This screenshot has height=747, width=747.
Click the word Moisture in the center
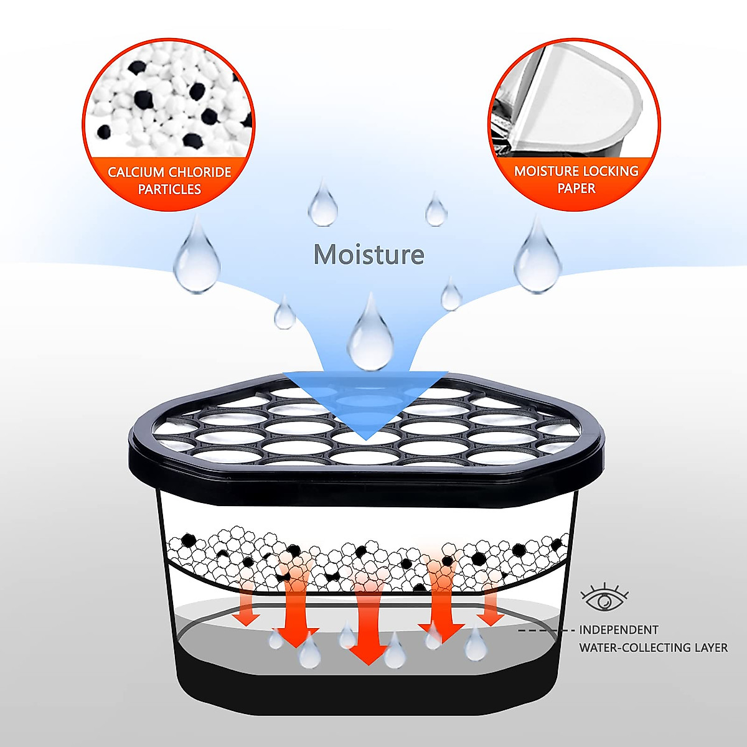pos(369,255)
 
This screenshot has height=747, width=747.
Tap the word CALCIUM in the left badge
pos(136,172)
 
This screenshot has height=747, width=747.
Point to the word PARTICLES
pos(169,189)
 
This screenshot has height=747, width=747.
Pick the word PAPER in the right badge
pos(576,188)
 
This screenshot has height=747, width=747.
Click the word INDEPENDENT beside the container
pos(619,630)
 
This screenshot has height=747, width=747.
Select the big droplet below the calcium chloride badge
pos(197,258)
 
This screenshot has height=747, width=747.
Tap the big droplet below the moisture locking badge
pos(537,258)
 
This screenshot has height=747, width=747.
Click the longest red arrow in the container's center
pos(368,622)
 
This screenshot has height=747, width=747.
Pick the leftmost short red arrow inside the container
pos(248,607)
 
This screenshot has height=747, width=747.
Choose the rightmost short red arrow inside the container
pos(491,607)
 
